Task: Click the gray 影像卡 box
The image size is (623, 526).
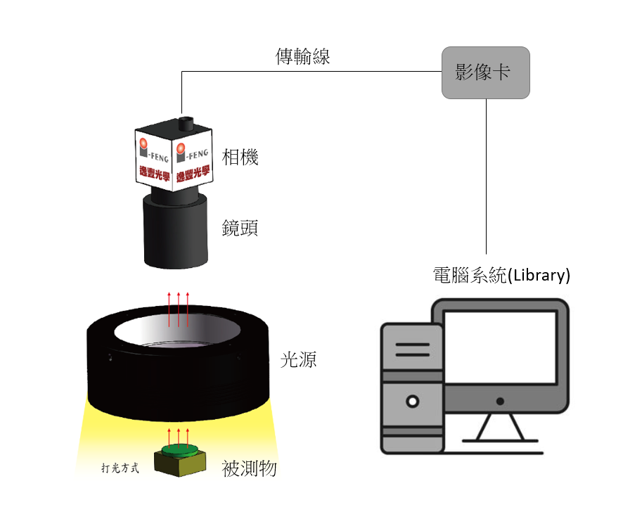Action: pos(485,72)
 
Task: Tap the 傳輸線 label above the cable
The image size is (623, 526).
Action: pos(303,56)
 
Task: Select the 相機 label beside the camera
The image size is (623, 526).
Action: pos(240,157)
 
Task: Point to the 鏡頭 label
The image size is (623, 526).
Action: pos(240,228)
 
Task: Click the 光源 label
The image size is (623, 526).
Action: pos(298,360)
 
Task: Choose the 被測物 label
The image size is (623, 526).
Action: pos(249,468)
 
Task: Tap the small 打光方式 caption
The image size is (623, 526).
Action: pos(120,468)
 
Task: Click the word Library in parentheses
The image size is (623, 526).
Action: pos(539,275)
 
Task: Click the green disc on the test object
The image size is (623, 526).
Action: pos(179,450)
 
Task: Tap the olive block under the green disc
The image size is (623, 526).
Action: pos(180,463)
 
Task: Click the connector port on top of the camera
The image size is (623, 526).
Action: pos(186,123)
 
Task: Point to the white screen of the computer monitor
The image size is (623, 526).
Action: pos(500,347)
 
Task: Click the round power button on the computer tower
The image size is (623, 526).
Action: pos(413,402)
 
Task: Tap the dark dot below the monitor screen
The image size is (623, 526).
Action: pos(500,402)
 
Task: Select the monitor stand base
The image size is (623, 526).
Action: pos(500,441)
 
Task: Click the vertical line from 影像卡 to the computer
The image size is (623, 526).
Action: pos(486,177)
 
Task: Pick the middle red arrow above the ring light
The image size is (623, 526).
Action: pos(179,309)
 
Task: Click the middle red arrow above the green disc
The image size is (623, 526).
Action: pos(179,437)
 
